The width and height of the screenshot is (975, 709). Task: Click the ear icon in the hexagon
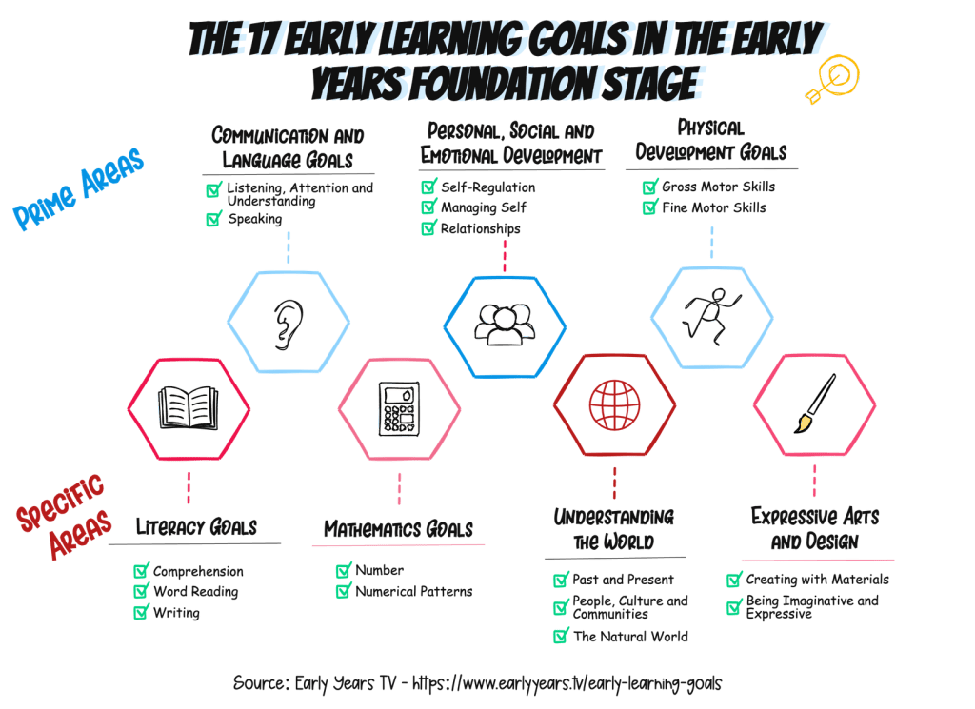pyautogui.click(x=289, y=325)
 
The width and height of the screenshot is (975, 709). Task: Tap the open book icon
pyautogui.click(x=189, y=407)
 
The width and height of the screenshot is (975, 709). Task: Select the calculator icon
pyautogui.click(x=399, y=408)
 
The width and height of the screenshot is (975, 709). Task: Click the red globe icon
pyautogui.click(x=614, y=405)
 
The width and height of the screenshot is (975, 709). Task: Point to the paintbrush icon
pyautogui.click(x=815, y=404)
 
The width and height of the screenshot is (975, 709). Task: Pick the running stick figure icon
pyautogui.click(x=712, y=316)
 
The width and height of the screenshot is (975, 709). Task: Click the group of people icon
pyautogui.click(x=505, y=325)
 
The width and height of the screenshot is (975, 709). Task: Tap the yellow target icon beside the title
pyautogui.click(x=833, y=78)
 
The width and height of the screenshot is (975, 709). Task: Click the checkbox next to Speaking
pyautogui.click(x=214, y=219)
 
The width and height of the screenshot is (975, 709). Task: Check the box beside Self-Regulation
pyautogui.click(x=429, y=187)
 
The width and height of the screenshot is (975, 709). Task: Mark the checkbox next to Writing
pyautogui.click(x=141, y=613)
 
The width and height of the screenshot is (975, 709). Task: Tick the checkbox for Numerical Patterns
pyautogui.click(x=343, y=591)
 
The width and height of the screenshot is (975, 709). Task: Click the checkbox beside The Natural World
pyautogui.click(x=561, y=636)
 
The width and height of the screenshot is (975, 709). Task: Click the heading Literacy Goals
pyautogui.click(x=196, y=527)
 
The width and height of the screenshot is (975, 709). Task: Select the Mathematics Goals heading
pyautogui.click(x=399, y=529)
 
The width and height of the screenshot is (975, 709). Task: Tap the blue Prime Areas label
pyautogui.click(x=78, y=188)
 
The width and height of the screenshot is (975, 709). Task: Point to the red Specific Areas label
pyautogui.click(x=64, y=516)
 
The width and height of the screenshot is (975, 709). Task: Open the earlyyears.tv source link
pyautogui.click(x=567, y=683)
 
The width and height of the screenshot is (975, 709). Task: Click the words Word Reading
pyautogui.click(x=196, y=592)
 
